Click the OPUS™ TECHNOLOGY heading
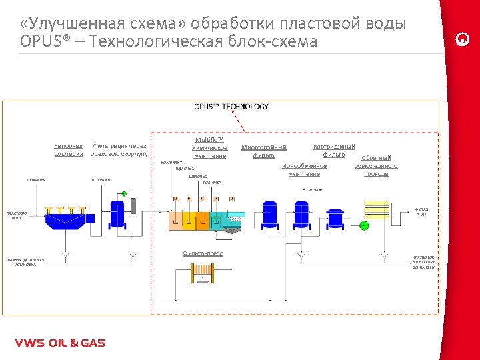(231, 107)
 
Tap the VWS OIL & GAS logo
(60, 343)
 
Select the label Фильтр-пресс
(203, 253)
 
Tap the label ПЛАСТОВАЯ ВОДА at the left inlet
(15, 215)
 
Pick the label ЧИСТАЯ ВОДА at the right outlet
(421, 211)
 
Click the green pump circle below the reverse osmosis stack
(364, 225)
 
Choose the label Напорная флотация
(69, 150)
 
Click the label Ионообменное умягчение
(305, 169)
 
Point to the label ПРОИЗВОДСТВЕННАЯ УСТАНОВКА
(25, 261)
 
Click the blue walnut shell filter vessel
(117, 213)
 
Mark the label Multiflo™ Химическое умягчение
(209, 148)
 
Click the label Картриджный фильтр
(334, 150)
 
